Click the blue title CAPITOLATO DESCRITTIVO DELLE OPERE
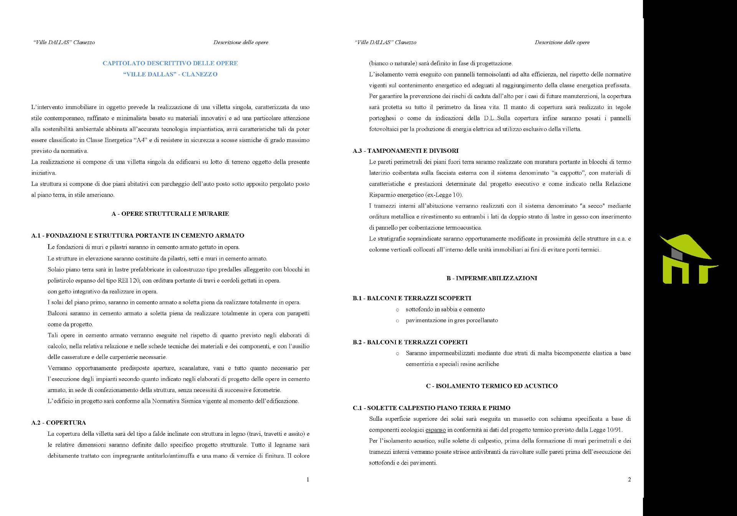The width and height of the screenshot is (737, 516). tap(170, 63)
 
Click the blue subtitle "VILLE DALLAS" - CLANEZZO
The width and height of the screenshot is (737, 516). tap(170, 74)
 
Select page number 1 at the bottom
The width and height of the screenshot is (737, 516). tap(308, 480)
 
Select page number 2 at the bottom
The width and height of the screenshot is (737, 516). tap(629, 480)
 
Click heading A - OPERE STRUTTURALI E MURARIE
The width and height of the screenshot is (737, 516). tap(170, 213)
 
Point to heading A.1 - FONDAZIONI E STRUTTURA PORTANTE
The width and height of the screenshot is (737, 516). tap(138, 235)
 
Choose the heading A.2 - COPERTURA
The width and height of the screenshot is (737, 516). tap(58, 423)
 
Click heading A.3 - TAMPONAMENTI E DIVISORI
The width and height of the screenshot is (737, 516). tap(405, 151)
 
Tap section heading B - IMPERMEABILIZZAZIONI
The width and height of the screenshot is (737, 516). tap(492, 278)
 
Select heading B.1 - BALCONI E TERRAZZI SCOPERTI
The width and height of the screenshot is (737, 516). tap(412, 298)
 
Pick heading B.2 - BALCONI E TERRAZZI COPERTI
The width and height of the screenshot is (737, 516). tap(410, 342)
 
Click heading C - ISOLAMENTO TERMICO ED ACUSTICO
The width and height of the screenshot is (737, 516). tap(492, 386)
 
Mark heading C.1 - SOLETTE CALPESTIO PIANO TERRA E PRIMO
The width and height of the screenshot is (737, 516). tap(431, 408)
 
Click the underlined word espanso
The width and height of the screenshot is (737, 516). tap(435, 430)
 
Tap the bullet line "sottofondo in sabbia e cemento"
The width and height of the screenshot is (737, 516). tap(445, 309)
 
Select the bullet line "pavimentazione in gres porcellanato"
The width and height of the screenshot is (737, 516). tap(452, 320)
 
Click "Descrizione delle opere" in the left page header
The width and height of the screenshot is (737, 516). tap(241, 42)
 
